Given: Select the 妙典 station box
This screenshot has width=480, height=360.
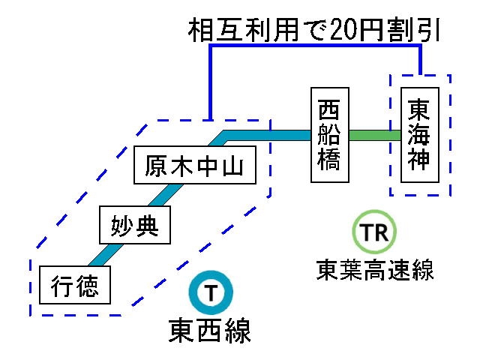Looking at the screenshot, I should click(x=136, y=225).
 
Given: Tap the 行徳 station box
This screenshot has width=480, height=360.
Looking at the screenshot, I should click(x=75, y=285).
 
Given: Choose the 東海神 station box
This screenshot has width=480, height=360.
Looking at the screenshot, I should click(x=419, y=135).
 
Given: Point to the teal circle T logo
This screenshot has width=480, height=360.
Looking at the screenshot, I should click(x=210, y=294).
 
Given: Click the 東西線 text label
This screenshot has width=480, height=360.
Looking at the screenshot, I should click(x=210, y=329).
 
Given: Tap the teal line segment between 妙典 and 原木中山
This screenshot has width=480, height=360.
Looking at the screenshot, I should click(x=161, y=194).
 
